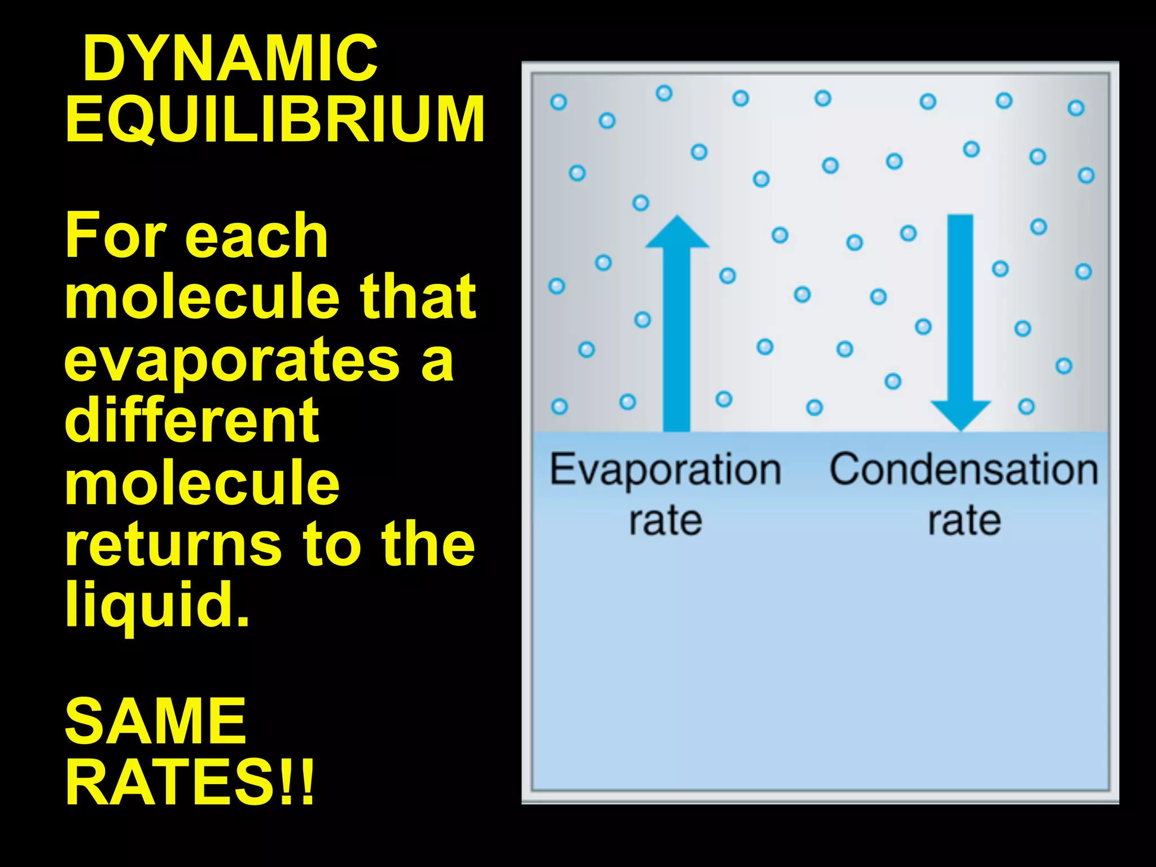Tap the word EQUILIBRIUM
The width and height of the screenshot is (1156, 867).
pos(275,119)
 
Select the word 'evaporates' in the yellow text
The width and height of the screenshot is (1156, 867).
pos(232,360)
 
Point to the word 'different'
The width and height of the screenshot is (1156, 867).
pos(192,421)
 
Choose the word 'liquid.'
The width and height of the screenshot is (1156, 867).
pos(157,605)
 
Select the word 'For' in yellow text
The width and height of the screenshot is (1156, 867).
pos(116,235)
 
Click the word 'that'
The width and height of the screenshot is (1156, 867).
pos(418,297)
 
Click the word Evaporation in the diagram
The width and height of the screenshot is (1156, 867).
pos(665,470)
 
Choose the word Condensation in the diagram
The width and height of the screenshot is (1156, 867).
pos(964,470)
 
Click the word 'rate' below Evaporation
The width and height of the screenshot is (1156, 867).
pos(665,520)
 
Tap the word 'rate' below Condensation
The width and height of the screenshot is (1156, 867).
pos(964,520)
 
